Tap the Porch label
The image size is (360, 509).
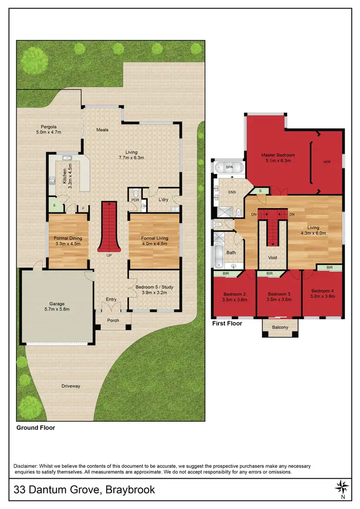coord(113,321)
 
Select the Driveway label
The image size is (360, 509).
coord(71,386)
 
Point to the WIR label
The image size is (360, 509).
coord(327,162)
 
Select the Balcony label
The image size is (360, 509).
coord(280,328)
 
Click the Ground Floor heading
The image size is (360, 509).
coord(36,427)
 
